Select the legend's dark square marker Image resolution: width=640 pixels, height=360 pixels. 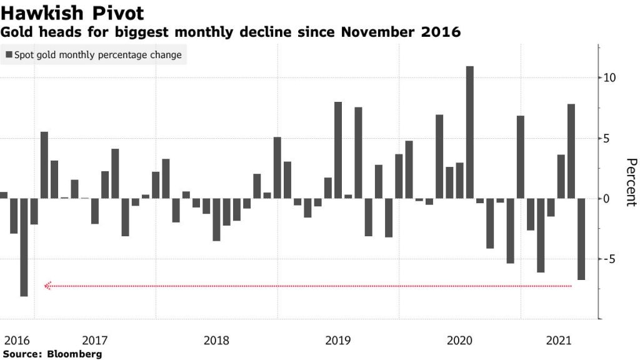pos(9,55)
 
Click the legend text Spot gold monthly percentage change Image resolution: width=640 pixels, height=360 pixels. pos(97,55)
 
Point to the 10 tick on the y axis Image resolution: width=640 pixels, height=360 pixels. pos(609,78)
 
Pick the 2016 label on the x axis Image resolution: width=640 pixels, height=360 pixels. pos(17,341)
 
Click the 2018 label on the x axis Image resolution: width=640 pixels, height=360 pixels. pos(216,341)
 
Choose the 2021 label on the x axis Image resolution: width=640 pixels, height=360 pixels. pos(559,341)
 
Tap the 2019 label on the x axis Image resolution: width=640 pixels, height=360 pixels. pos(338,341)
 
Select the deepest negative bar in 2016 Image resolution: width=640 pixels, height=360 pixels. pos(24,247)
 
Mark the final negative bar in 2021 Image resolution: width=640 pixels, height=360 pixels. pos(581,239)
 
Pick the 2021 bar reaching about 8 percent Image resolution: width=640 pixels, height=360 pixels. pos(571,151)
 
